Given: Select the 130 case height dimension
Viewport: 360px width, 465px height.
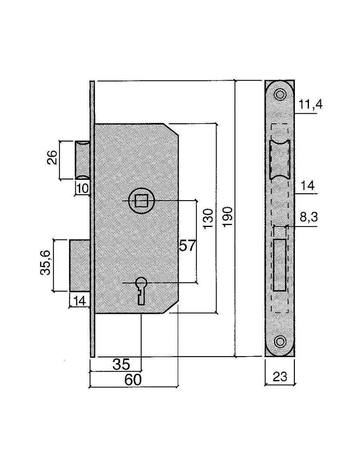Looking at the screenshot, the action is click(x=208, y=219).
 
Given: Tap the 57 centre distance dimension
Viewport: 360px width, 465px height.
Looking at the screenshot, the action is click(x=188, y=246).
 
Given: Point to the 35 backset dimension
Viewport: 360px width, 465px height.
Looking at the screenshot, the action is click(x=121, y=365).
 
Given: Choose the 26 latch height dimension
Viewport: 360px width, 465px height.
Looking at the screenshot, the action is click(x=52, y=157).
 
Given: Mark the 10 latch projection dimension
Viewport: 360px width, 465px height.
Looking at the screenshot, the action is click(x=82, y=189).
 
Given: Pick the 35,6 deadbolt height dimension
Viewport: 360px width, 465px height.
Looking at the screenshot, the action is click(x=45, y=263).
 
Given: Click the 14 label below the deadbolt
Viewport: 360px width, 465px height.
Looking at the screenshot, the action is click(x=80, y=301).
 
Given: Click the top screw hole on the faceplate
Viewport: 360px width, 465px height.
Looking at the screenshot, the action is click(x=280, y=94).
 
